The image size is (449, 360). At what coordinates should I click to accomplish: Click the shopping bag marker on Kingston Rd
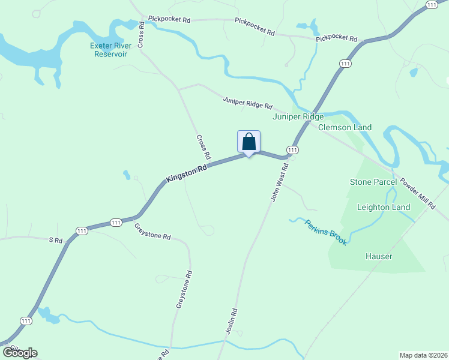(x=249, y=142)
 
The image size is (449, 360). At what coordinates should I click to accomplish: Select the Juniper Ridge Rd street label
(x=247, y=103)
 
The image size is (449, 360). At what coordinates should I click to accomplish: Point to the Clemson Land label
(x=345, y=127)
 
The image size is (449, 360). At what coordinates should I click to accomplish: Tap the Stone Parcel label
(x=373, y=182)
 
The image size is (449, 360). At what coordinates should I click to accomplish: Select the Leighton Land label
(x=384, y=208)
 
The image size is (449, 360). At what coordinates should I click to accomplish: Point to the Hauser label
(x=379, y=257)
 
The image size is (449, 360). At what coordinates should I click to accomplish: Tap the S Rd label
(x=55, y=240)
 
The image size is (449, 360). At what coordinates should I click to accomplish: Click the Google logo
(x=20, y=353)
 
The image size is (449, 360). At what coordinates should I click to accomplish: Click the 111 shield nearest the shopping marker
(x=292, y=149)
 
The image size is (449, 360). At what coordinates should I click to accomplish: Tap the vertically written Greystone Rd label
(x=184, y=290)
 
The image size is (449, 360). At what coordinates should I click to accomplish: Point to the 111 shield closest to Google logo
(x=25, y=322)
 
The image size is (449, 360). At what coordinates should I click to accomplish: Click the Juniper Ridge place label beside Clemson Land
(x=298, y=117)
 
